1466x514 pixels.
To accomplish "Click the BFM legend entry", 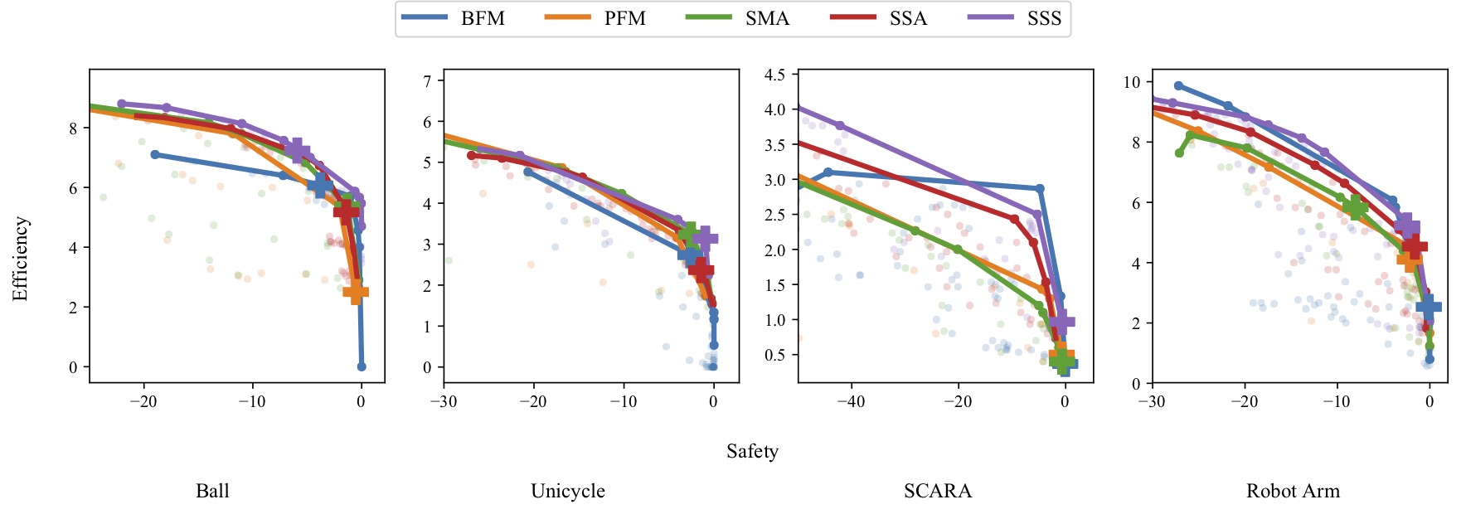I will [x=453, y=19].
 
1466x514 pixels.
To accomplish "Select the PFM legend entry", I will [x=595, y=19].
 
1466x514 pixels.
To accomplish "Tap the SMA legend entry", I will [x=738, y=19].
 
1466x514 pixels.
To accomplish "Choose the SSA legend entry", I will [x=879, y=19].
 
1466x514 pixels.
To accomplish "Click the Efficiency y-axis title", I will [x=21, y=259].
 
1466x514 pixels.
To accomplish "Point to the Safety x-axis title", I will [x=752, y=451].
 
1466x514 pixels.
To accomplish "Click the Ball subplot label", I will [x=212, y=491].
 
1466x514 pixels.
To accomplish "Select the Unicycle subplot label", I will [x=568, y=491].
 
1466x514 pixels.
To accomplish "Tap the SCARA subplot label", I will [x=938, y=491].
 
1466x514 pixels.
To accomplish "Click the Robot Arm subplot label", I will [x=1293, y=491].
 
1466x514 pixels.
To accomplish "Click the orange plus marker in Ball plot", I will [x=355, y=292].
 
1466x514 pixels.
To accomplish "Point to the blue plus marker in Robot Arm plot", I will [x=1428, y=307].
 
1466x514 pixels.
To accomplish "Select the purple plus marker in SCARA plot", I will [x=1062, y=322].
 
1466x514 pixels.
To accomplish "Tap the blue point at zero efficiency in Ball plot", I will [x=362, y=366].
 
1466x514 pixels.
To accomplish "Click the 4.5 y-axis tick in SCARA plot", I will [x=774, y=75].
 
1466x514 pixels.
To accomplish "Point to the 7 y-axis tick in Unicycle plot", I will [x=428, y=81].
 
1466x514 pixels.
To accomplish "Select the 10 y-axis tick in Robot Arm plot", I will [x=1132, y=82].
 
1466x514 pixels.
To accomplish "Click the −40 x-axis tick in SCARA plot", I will [x=850, y=402].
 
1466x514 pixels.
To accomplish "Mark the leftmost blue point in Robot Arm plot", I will [x=1178, y=85].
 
